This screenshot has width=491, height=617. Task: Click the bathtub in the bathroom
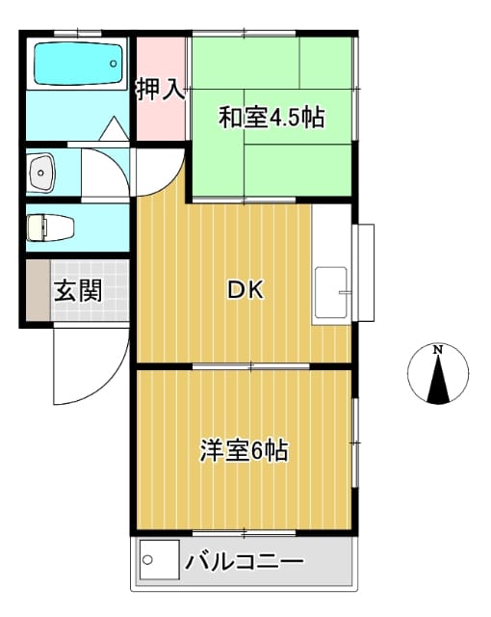(x=80, y=63)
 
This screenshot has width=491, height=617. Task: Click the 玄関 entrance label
(x=77, y=290)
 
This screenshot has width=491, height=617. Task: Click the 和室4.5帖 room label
(x=271, y=119)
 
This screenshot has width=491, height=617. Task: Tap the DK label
(x=245, y=289)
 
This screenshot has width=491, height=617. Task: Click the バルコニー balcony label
(x=245, y=561)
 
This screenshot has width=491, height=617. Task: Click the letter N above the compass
(x=438, y=349)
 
